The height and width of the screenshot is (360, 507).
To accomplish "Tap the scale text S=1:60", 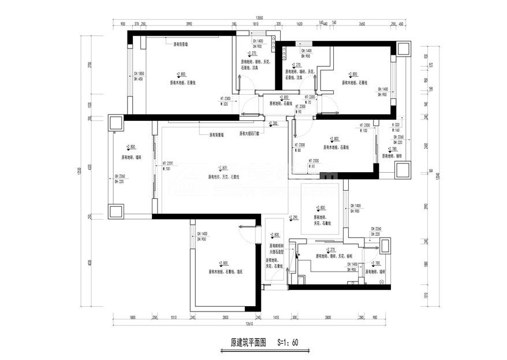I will click(x=286, y=342).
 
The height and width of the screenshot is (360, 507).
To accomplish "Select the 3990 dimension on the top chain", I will click(x=188, y=24).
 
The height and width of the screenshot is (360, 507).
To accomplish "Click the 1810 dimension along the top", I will click(x=255, y=24).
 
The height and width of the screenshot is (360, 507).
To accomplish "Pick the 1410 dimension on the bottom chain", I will click(x=275, y=317).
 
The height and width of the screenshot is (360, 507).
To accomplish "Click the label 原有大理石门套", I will click(x=249, y=133).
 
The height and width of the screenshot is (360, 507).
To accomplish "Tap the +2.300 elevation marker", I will click(x=274, y=123).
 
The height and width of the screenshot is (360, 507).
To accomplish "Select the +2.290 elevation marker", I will click(x=292, y=217).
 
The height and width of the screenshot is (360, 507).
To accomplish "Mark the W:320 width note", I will click(x=226, y=104).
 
